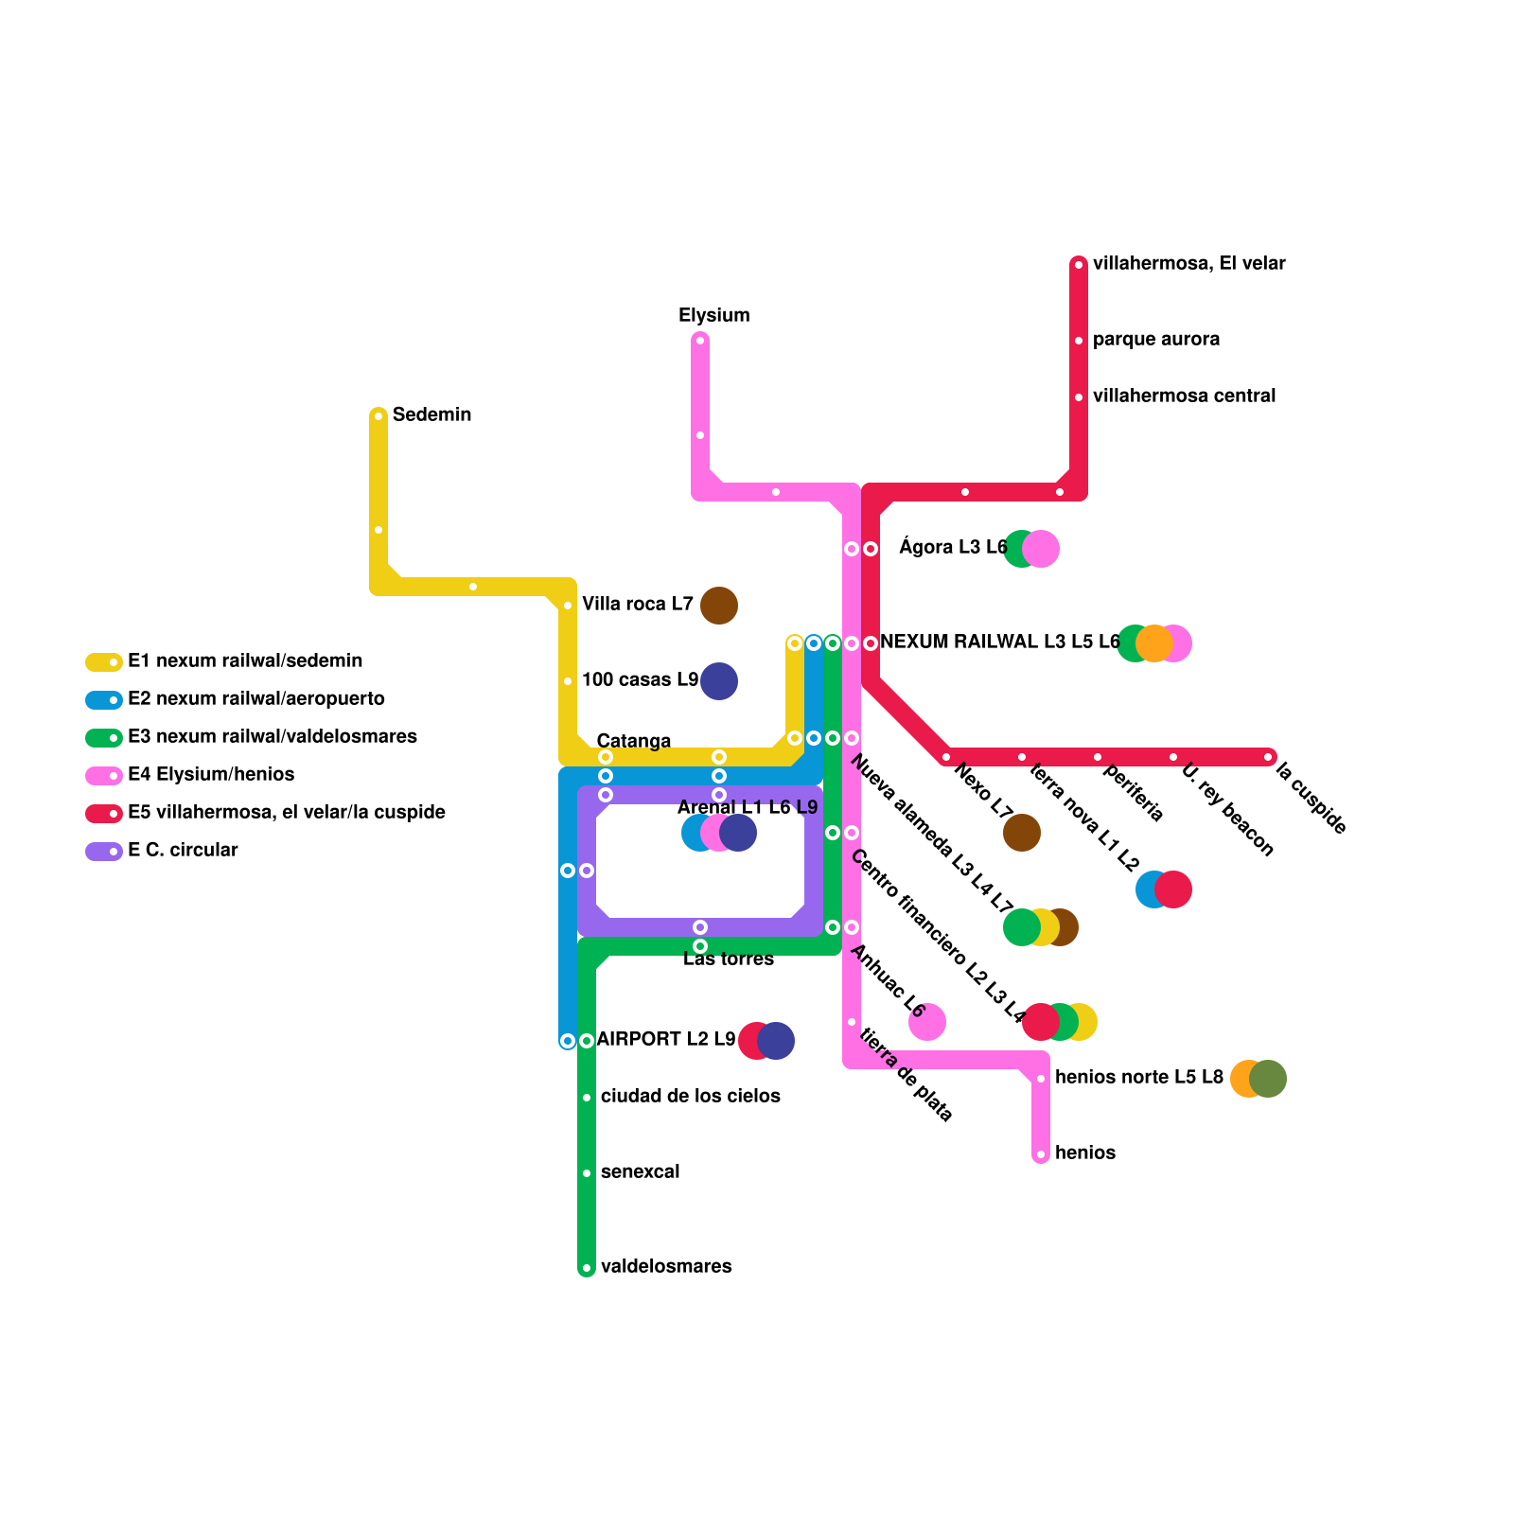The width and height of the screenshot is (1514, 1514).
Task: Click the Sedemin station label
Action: [x=431, y=415]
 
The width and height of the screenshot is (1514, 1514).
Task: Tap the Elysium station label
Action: [x=713, y=316]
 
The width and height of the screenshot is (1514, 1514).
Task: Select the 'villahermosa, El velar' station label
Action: [x=1188, y=264]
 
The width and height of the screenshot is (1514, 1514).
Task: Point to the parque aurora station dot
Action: [x=1079, y=341]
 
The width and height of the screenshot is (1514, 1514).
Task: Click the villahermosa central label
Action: [x=1184, y=396]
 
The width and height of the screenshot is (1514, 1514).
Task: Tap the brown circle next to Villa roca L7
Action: [x=719, y=606]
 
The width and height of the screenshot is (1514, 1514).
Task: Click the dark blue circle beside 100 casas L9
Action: [x=719, y=681]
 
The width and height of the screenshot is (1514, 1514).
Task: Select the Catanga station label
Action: [x=633, y=741]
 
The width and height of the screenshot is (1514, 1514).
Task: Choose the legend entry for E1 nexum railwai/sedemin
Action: [x=245, y=661]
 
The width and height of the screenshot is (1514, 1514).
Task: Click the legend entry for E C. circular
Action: [x=183, y=851]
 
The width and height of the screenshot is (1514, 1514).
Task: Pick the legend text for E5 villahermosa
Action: [x=286, y=813]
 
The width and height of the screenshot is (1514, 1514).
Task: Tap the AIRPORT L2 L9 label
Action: [x=665, y=1040]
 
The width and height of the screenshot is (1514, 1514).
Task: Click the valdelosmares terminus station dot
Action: [x=587, y=1268]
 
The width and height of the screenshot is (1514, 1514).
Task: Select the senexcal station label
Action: [x=640, y=1172]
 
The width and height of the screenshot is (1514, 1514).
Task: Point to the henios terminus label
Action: [x=1084, y=1153]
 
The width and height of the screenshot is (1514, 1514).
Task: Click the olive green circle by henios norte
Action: [x=1268, y=1079]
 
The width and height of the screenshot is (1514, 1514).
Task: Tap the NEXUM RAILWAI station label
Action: [x=999, y=643]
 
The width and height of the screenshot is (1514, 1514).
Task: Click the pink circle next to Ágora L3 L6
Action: [x=1042, y=549]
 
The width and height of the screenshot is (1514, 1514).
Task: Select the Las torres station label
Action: [x=729, y=959]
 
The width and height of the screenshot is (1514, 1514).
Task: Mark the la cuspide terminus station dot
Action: [x=1268, y=757]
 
